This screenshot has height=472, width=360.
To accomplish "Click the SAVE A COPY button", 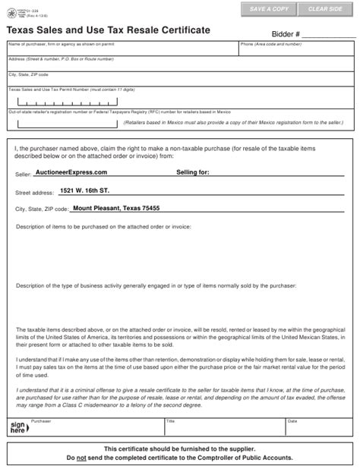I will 268,8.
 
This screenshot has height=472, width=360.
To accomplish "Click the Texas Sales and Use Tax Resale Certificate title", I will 109,30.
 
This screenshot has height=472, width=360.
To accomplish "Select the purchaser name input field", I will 122,50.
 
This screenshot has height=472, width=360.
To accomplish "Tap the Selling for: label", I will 192,172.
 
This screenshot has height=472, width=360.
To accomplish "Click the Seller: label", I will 23,174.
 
